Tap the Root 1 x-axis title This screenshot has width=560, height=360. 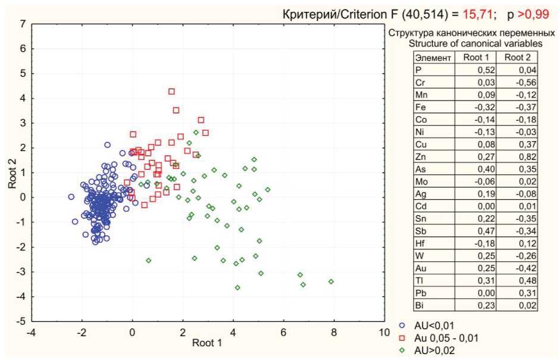click(208, 343)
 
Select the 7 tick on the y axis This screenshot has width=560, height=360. click(22, 24)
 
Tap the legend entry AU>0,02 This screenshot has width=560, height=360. click(427, 349)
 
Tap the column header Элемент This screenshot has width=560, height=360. click(433, 58)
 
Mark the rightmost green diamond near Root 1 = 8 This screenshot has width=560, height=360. click(331, 281)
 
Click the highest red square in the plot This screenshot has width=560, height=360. click(171, 92)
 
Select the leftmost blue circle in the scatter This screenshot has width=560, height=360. click(71, 196)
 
